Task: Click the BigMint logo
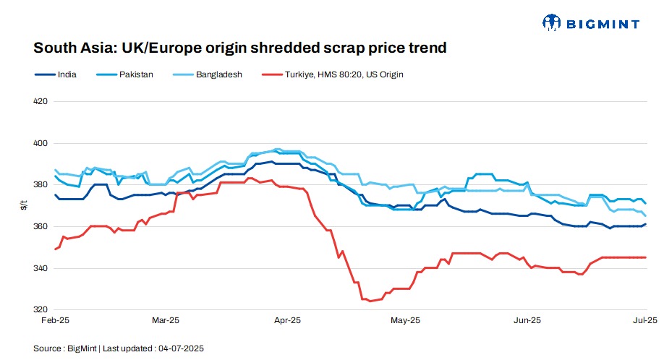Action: (x=590, y=23)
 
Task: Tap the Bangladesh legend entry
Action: (x=218, y=74)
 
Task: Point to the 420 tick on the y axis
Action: (x=41, y=101)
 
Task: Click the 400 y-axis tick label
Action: (x=41, y=143)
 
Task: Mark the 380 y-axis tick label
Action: (x=41, y=185)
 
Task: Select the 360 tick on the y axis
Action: (x=41, y=226)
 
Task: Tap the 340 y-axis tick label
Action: (x=41, y=268)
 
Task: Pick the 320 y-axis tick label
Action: (x=41, y=309)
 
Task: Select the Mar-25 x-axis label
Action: (x=166, y=320)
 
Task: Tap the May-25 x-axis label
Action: (x=405, y=320)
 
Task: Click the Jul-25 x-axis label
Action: (x=645, y=320)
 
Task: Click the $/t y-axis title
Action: (x=25, y=206)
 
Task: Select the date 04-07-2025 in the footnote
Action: (x=181, y=348)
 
